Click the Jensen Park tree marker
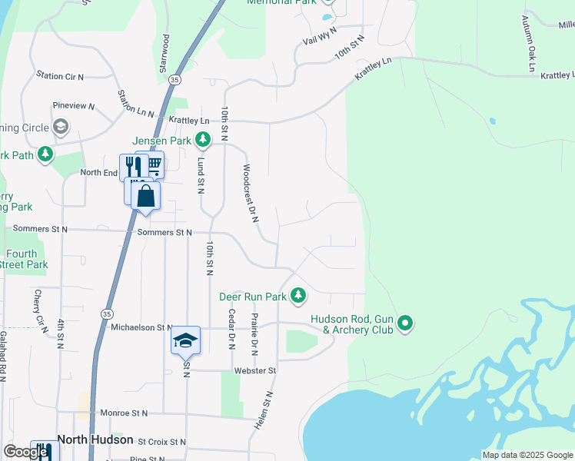tap(203, 140)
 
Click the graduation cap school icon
tap(185, 340)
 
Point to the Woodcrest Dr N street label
tap(251, 193)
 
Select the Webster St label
tap(255, 370)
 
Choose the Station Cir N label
tap(60, 76)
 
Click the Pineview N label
tap(73, 106)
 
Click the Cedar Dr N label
tap(231, 329)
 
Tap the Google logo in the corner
tap(25, 452)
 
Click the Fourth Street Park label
tap(23, 259)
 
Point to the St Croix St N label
tap(161, 442)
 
